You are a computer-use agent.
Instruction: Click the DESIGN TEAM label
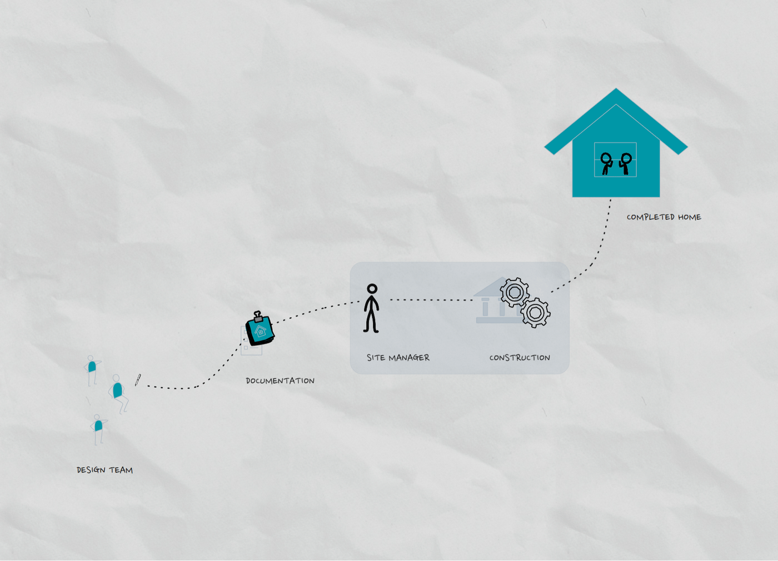pos(104,470)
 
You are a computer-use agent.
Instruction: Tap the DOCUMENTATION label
pos(280,380)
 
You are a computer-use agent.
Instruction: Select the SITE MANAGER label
pos(398,358)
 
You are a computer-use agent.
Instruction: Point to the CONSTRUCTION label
pos(520,358)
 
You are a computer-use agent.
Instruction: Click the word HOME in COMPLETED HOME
pos(689,217)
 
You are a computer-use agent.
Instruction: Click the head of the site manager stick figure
pos(372,289)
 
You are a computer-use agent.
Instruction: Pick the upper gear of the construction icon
pos(515,292)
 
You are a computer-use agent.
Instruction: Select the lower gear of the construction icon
pos(536,313)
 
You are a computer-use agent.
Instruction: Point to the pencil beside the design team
pos(138,380)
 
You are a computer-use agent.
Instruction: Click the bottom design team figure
pos(98,428)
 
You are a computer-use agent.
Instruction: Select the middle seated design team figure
pos(118,392)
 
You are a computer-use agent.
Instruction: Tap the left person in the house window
pos(606,163)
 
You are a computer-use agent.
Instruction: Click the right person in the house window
pos(626,163)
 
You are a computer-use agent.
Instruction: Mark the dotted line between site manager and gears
pos(431,300)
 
